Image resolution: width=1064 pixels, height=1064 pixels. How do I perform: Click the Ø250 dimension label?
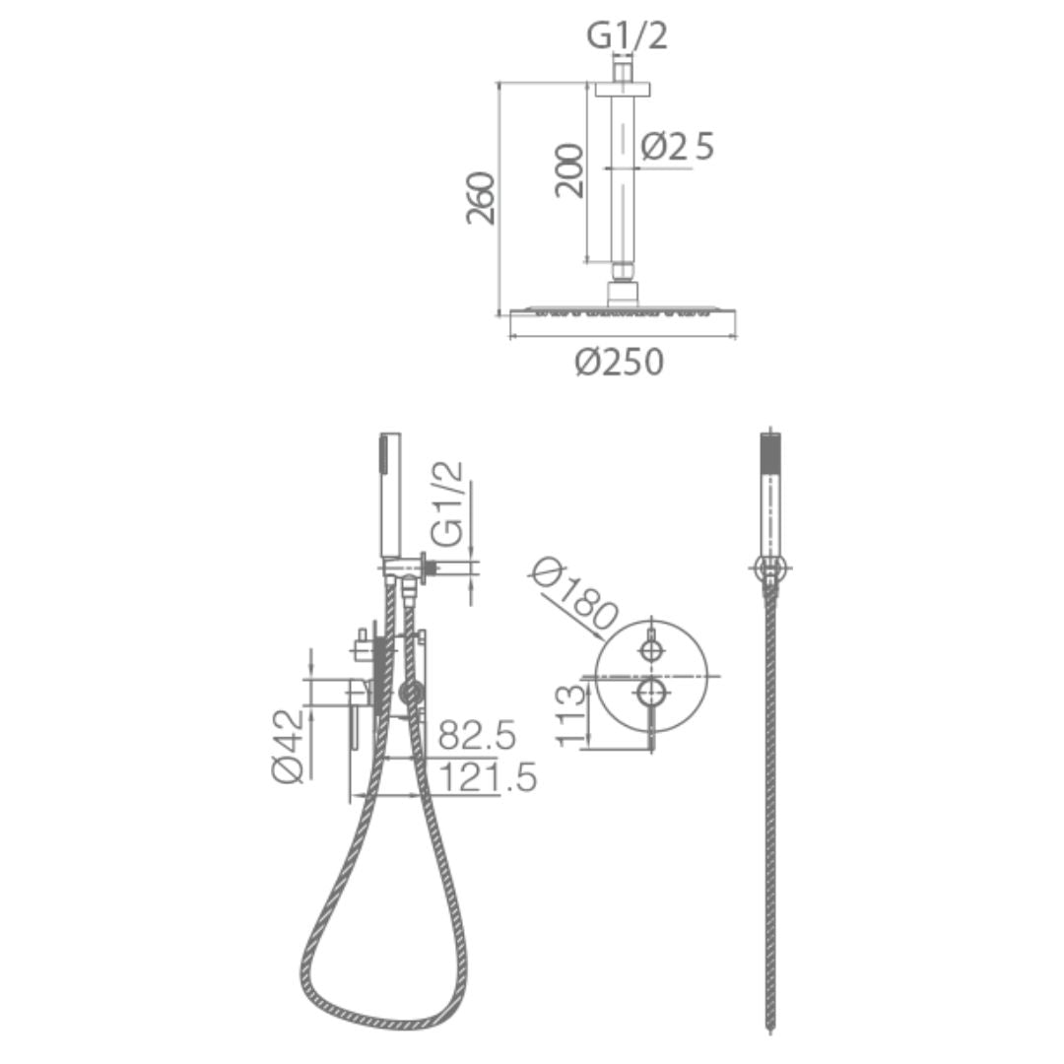[619, 362]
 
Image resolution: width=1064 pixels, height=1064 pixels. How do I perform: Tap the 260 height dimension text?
[481, 198]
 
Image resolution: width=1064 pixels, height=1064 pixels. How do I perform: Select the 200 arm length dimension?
[568, 170]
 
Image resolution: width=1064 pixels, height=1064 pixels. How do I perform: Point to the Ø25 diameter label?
[677, 147]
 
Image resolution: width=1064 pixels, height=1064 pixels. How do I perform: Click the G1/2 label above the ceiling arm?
[627, 36]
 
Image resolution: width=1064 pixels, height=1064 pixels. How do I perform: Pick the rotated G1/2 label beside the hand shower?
[448, 504]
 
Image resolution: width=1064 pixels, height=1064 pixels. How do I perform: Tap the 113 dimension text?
[570, 715]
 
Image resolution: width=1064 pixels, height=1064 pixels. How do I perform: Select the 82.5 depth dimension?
[477, 735]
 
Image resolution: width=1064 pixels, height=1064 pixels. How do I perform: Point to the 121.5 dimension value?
[488, 777]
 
